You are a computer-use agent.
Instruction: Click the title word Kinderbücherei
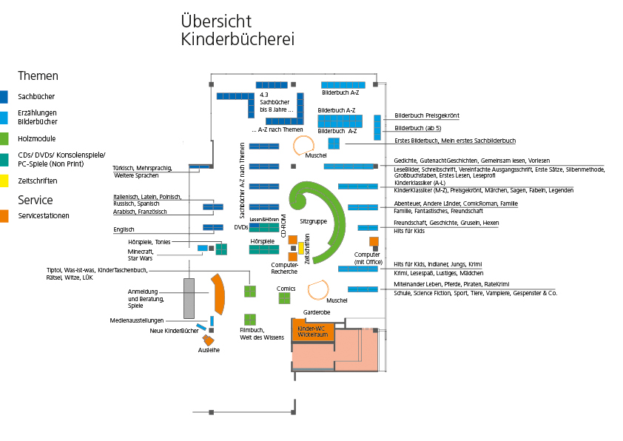click(237, 40)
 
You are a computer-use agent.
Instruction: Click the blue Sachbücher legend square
click(4, 96)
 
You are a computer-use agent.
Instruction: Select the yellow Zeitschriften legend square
click(4, 180)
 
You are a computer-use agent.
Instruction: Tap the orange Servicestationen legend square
click(4, 216)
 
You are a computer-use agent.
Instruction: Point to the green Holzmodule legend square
click(4, 138)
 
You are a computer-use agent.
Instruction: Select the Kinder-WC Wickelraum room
click(312, 331)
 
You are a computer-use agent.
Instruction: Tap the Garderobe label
click(317, 313)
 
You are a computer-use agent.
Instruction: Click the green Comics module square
click(284, 298)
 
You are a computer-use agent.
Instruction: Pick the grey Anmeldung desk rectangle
click(189, 297)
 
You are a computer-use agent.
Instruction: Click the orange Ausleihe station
click(209, 340)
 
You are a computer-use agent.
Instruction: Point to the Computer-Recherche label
click(284, 267)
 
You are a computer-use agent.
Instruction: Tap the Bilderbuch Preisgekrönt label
click(427, 115)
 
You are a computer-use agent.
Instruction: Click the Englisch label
click(124, 230)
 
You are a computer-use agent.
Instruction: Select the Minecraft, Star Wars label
click(140, 255)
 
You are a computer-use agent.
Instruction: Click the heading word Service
click(35, 200)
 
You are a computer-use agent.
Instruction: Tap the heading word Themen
click(38, 76)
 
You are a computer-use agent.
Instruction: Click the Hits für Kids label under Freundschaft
click(408, 231)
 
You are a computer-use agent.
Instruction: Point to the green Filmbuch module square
click(250, 320)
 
